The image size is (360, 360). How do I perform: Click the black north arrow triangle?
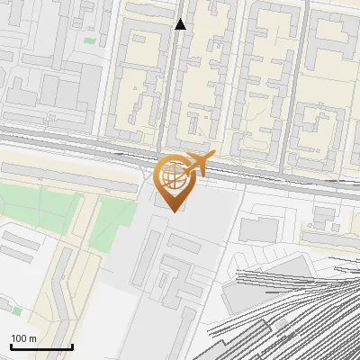click(x=181, y=24)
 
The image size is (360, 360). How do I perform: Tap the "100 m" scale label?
click(x=23, y=338)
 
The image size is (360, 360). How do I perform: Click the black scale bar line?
click(x=41, y=346)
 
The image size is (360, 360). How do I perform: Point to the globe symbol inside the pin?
click(x=173, y=176)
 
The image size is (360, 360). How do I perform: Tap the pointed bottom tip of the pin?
click(x=174, y=211)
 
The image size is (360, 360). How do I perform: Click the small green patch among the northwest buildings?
click(x=89, y=40)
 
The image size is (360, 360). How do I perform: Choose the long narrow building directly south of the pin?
click(x=151, y=256)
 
